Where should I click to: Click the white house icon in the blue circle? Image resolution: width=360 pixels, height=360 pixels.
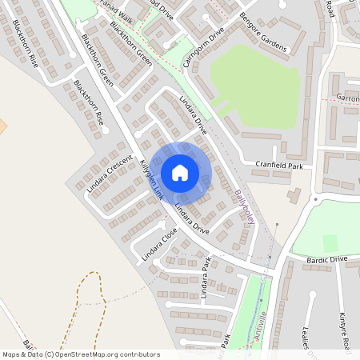tap(180, 172)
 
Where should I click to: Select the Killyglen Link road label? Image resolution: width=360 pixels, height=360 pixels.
tap(150, 179)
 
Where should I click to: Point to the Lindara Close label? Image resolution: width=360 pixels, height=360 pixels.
tap(159, 246)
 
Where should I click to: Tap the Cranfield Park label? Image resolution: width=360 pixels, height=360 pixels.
tap(280, 165)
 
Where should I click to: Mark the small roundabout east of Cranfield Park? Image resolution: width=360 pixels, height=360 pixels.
tap(315, 198)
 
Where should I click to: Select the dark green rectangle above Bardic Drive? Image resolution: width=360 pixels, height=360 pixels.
tap(330, 241)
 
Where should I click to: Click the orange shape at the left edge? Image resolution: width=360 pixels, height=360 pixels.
tap(2, 126)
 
